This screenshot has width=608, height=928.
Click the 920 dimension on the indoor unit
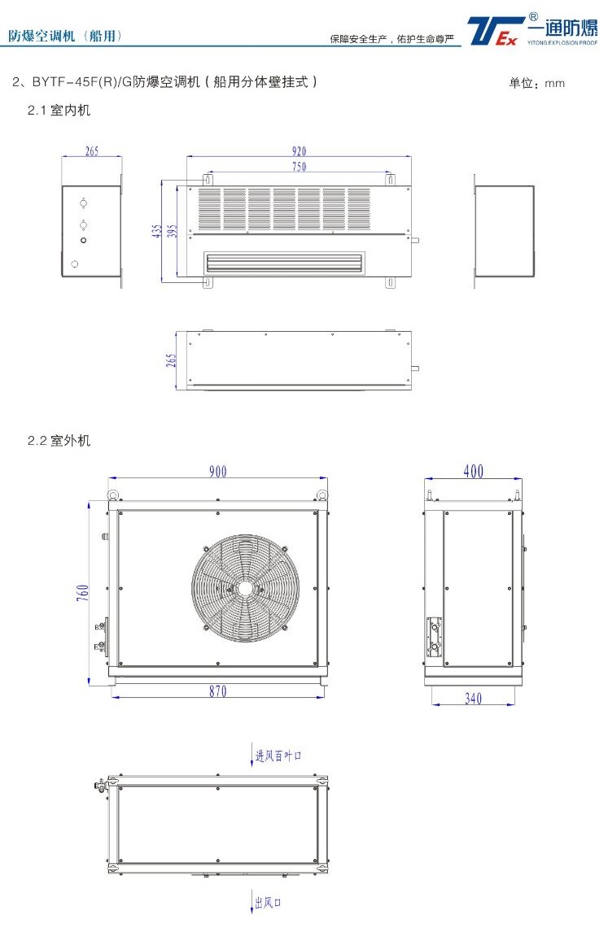299,151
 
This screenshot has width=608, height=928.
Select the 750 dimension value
299,166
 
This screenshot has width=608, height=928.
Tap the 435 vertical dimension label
156,231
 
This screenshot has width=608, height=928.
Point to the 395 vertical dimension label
172,231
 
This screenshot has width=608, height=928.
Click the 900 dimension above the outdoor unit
218,471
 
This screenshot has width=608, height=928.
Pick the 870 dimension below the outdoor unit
218,691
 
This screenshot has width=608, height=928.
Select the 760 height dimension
83,592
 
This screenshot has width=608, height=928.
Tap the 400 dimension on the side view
473,471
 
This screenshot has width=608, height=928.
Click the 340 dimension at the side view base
473,699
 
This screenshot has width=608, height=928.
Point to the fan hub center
245,588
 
